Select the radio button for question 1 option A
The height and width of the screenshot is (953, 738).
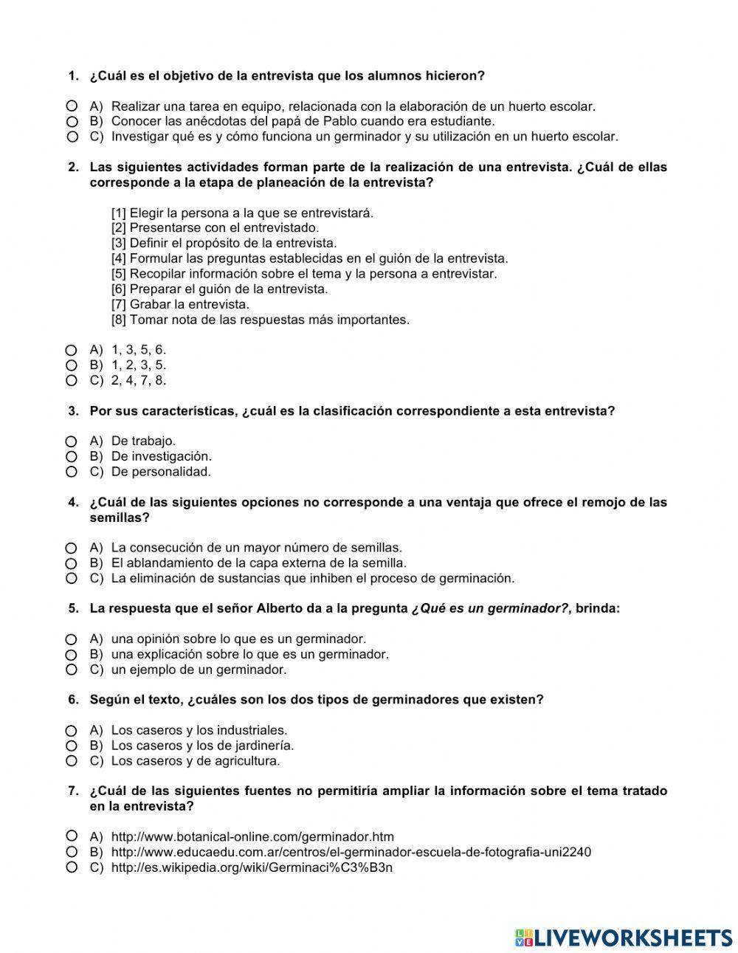point(72,106)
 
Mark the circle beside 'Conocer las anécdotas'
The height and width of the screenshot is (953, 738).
point(72,122)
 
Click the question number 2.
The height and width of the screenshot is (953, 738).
point(73,168)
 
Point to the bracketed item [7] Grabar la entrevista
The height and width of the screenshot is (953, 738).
point(180,304)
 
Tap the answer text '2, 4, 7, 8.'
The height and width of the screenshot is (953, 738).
point(139,381)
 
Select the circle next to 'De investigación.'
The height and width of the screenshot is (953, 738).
point(72,457)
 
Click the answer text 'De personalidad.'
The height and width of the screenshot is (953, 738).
point(161,472)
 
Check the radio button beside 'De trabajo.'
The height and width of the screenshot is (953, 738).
point(72,441)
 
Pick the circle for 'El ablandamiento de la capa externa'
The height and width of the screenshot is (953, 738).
point(72,563)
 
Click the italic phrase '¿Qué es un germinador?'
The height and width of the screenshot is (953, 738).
point(490,609)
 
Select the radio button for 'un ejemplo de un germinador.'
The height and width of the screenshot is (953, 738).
point(72,670)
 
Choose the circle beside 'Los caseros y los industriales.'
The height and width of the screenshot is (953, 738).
point(72,731)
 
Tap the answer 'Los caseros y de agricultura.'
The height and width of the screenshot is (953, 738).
point(196,761)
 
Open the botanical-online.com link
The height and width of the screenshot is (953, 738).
point(252,837)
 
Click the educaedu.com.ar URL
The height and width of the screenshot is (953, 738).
point(351,853)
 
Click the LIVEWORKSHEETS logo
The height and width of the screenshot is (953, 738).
point(624,937)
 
